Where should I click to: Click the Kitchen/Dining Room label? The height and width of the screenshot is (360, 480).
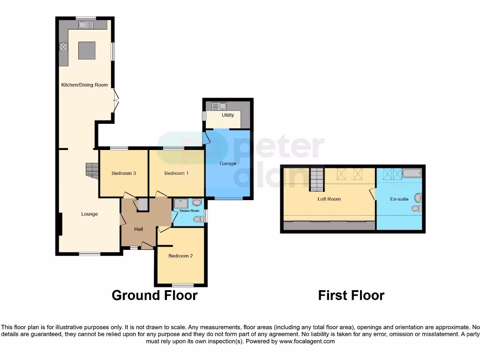click(x=84, y=85)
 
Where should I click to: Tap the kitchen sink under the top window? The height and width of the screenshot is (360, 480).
click(x=86, y=25)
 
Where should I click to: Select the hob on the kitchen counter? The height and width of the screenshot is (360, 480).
click(x=63, y=46)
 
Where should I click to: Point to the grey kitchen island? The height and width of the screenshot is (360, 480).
click(x=87, y=50)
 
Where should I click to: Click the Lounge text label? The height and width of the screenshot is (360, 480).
click(x=90, y=214)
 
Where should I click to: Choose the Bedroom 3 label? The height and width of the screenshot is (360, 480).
click(x=124, y=173)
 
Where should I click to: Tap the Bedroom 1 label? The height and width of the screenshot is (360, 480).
click(x=176, y=173)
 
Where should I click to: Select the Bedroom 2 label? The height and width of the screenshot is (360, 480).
click(x=181, y=256)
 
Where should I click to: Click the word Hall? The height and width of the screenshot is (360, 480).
click(x=139, y=229)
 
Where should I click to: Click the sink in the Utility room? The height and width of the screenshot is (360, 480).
click(x=219, y=106)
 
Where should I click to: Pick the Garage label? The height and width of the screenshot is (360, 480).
click(x=228, y=164)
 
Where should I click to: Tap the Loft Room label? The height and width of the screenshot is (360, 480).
click(x=329, y=199)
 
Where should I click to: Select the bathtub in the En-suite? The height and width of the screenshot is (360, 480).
click(x=412, y=174)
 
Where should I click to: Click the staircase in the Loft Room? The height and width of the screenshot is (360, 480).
click(x=317, y=180)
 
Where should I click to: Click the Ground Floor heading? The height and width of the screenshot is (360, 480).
click(x=154, y=296)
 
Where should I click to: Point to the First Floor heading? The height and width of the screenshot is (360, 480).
click(x=351, y=296)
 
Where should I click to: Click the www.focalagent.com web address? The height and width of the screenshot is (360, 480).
click(x=307, y=342)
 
